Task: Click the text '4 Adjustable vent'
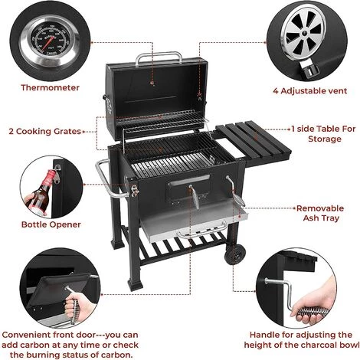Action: tap(310, 91)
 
